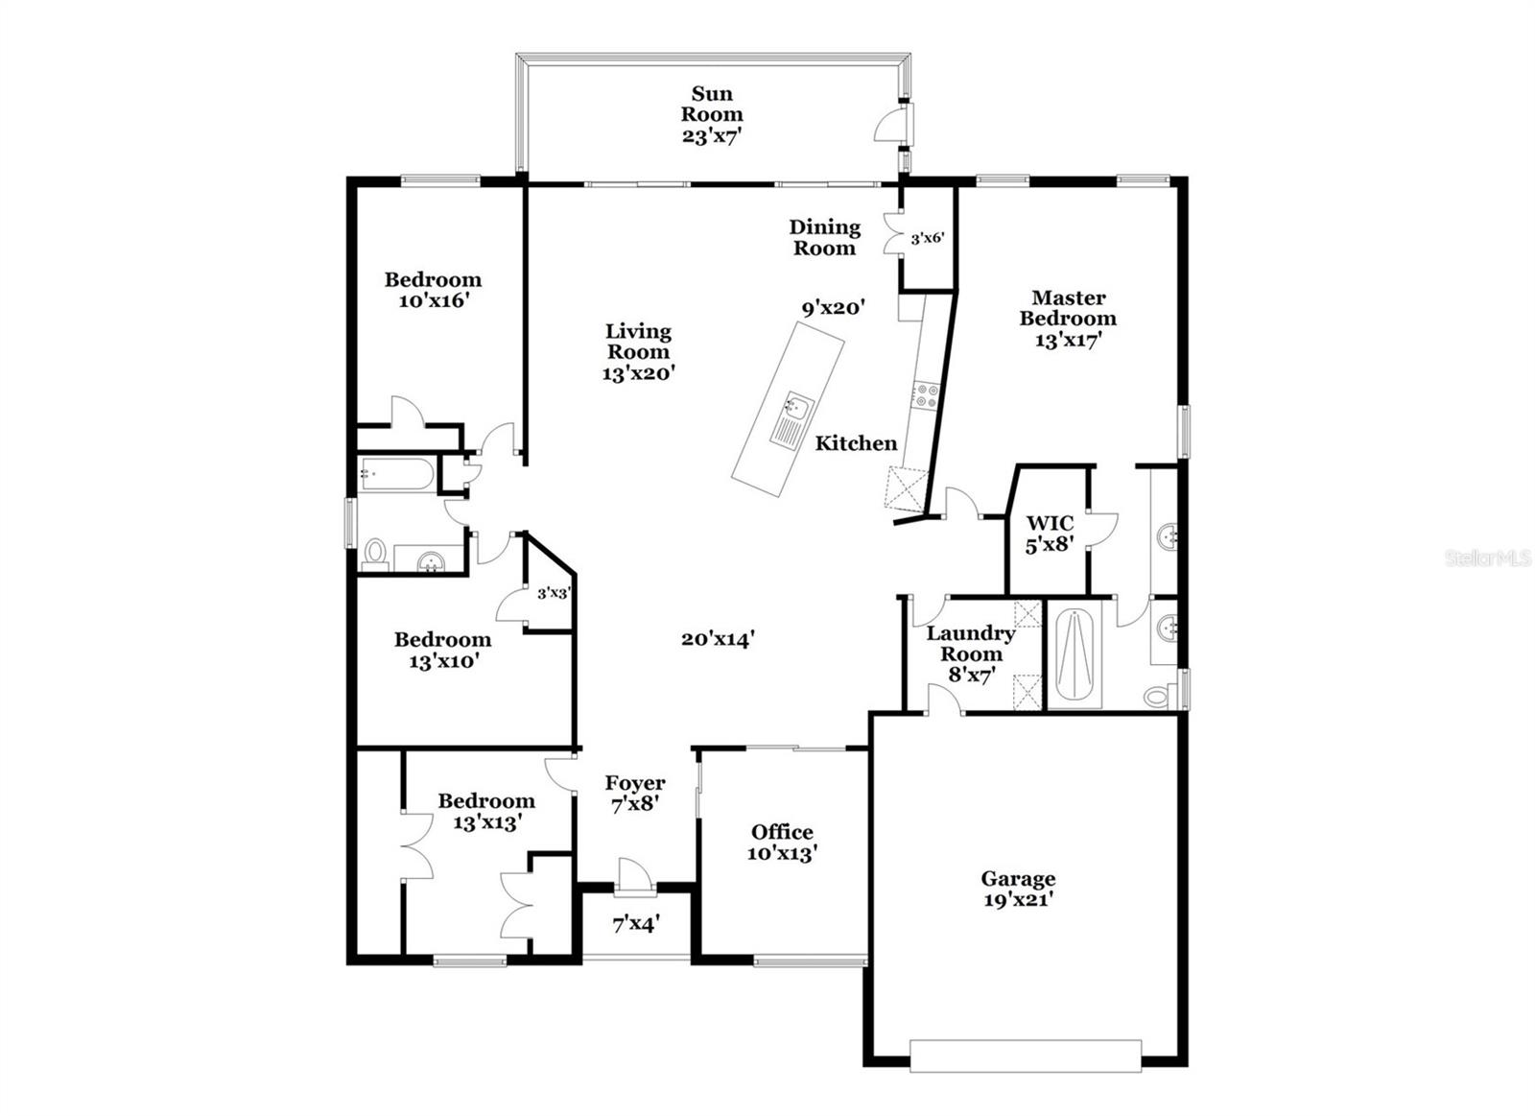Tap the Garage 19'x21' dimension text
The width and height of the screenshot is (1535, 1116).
(x=1018, y=900)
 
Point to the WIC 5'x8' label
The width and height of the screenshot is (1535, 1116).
(x=1049, y=534)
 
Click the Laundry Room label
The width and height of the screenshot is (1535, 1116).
(x=970, y=644)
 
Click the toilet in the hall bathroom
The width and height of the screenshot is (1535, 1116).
(x=375, y=555)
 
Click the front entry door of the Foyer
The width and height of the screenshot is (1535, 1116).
(x=634, y=877)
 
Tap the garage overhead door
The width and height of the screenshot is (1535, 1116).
(x=1025, y=1055)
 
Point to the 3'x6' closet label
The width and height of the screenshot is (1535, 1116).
(x=927, y=238)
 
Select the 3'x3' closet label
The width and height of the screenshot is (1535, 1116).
(x=554, y=593)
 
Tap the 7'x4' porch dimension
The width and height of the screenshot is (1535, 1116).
(x=635, y=925)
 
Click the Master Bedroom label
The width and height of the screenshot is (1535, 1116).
(x=1068, y=318)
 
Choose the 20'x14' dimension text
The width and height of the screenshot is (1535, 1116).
(x=719, y=638)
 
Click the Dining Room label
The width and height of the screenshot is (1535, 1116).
(x=824, y=237)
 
